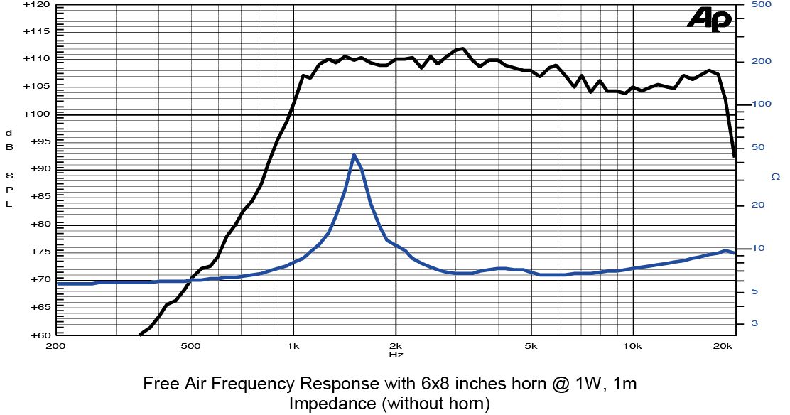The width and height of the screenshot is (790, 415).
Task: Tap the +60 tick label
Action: click(37, 335)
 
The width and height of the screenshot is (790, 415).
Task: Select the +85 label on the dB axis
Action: click(37, 197)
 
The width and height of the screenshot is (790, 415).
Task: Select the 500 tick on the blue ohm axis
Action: click(762, 4)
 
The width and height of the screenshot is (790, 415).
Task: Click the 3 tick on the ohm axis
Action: click(754, 323)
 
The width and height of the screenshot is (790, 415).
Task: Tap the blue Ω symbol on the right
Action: click(774, 176)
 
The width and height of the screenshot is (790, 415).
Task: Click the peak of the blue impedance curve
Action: click(353, 155)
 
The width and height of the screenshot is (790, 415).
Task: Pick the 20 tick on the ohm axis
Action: click(757, 205)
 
